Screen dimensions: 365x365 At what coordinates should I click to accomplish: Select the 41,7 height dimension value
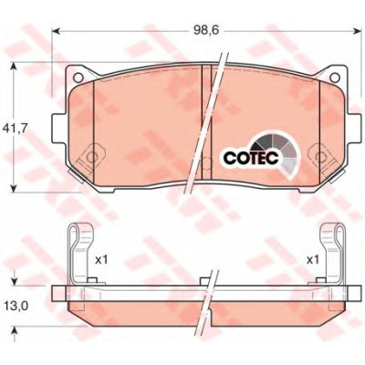(14, 129)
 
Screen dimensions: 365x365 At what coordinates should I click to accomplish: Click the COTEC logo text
(251, 158)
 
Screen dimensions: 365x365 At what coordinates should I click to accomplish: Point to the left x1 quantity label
(101, 260)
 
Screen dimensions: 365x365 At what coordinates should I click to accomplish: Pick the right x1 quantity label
(313, 260)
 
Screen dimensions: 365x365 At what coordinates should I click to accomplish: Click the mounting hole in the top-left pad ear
(78, 78)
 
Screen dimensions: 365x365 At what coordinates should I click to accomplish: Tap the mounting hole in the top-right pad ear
(335, 78)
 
